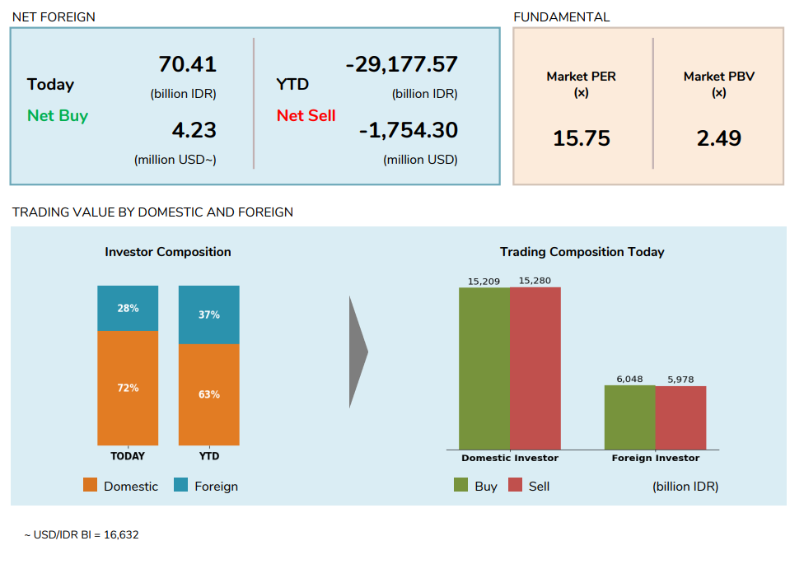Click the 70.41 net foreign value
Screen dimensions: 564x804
click(187, 64)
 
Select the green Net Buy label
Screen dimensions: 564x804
click(58, 115)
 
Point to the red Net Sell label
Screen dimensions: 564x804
click(306, 115)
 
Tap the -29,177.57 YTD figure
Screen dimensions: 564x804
click(401, 64)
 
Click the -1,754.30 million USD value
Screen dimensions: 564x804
click(408, 130)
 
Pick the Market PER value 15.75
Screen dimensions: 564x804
click(582, 138)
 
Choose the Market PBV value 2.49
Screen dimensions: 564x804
click(719, 138)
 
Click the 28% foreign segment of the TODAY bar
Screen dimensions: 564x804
click(128, 308)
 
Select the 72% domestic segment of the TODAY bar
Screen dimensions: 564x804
click(128, 388)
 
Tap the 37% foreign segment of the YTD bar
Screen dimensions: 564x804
click(209, 315)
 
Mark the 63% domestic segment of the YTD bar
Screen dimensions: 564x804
click(209, 394)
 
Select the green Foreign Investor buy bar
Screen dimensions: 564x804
click(630, 417)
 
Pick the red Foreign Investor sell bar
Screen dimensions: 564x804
click(681, 417)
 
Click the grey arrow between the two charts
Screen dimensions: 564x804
click(358, 352)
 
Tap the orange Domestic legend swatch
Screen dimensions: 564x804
click(91, 485)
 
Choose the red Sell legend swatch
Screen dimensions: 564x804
click(516, 485)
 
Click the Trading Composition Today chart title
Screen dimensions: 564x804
click(582, 252)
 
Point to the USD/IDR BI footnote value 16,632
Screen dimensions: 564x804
click(122, 535)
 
